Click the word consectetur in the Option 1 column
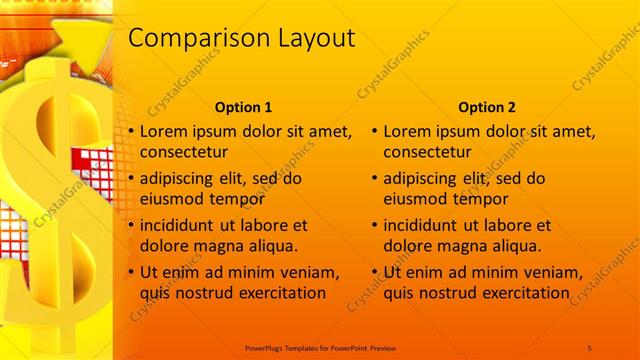184,153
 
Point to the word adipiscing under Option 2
421,179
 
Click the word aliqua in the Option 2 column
515,245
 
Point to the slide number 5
590,346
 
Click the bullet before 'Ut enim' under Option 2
374,272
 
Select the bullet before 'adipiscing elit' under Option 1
130,179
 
